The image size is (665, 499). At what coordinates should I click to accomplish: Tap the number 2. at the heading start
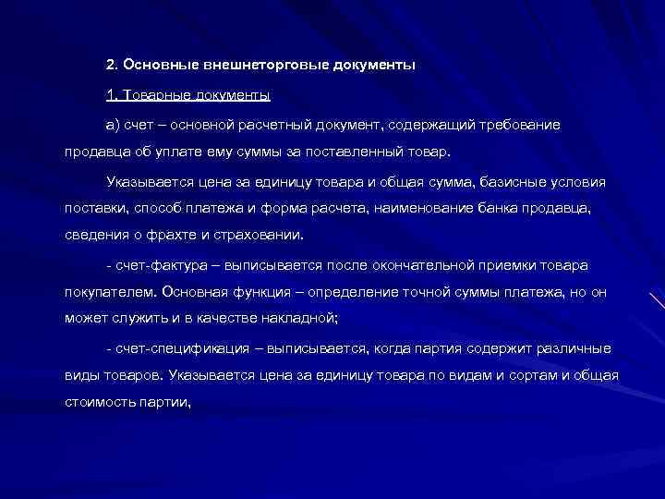tap(112, 66)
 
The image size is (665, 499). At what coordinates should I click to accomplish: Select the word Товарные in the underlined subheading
tap(151, 95)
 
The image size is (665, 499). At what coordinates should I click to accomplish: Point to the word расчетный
tap(276, 124)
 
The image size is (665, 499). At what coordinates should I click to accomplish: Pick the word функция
tap(252, 294)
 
